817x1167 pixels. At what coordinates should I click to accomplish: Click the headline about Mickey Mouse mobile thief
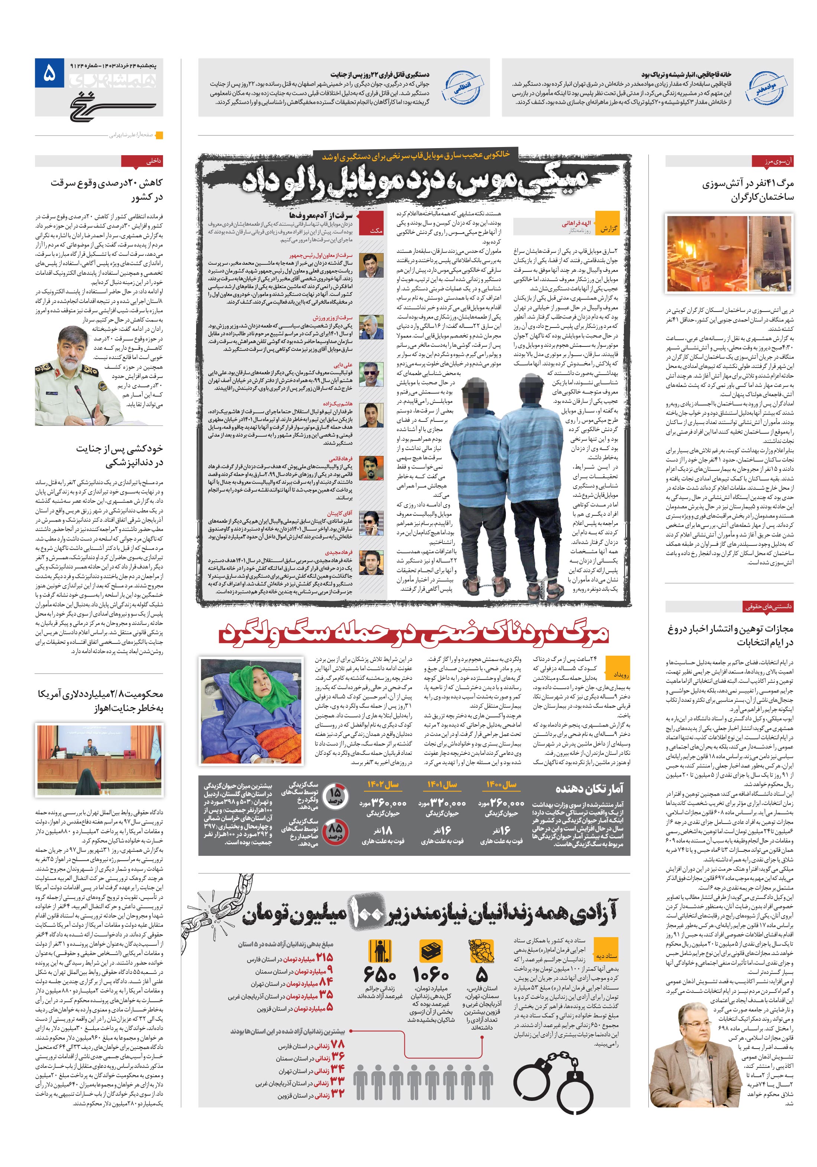(x=414, y=180)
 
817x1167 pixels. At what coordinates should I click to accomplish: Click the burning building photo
(x=729, y=254)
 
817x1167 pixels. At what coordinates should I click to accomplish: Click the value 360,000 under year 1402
(x=390, y=803)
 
